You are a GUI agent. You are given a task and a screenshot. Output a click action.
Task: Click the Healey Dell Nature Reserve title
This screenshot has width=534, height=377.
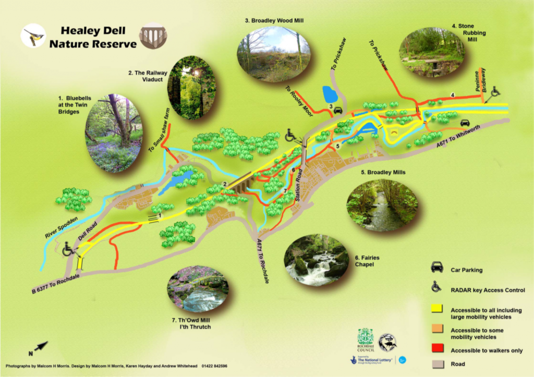pyautogui.click(x=92, y=37)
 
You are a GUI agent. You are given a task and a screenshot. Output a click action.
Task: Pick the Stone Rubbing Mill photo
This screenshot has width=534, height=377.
pyautogui.click(x=431, y=53)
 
